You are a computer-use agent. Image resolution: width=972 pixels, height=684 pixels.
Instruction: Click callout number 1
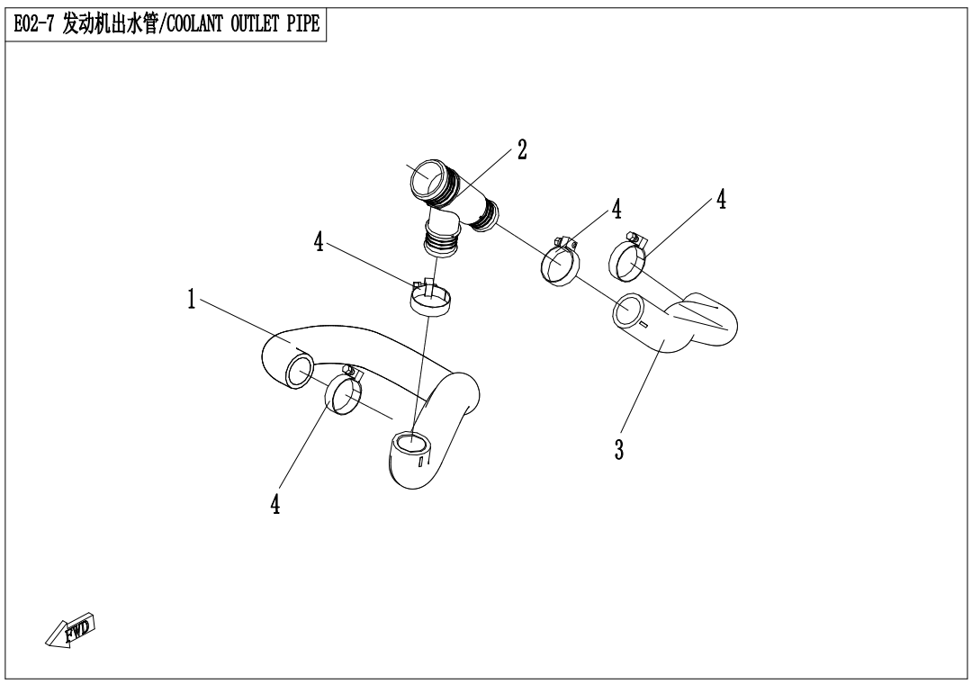click(192, 301)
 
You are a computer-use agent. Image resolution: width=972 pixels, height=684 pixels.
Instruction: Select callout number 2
click(521, 150)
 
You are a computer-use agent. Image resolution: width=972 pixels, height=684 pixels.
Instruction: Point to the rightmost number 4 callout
click(721, 200)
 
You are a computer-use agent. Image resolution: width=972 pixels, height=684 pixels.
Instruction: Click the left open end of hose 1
click(297, 370)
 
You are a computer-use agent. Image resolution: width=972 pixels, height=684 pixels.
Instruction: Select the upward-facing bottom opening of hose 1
click(410, 443)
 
